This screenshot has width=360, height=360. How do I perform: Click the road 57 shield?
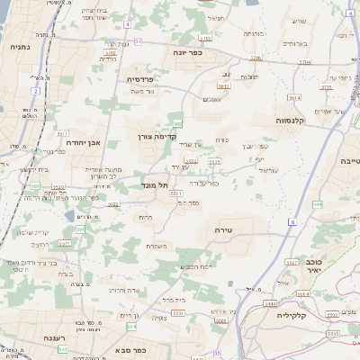click(139, 41)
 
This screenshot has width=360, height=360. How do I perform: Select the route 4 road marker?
click(128, 24)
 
